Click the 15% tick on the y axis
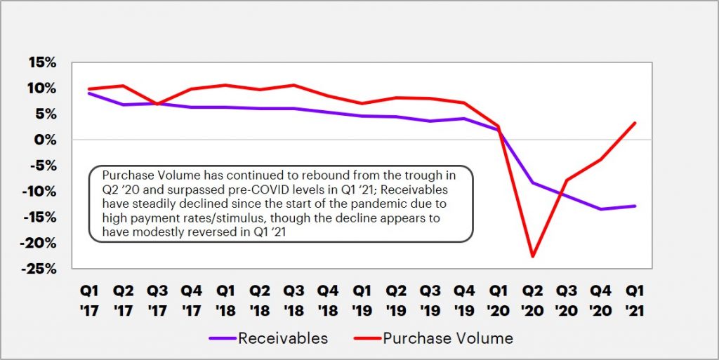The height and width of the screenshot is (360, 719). pos(41,62)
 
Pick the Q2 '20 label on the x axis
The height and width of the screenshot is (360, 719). pos(532,300)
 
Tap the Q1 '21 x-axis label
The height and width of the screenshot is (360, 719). pos(634,300)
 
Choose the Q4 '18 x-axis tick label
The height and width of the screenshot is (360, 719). pos(329,300)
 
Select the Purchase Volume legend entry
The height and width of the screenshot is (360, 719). pos(447,338)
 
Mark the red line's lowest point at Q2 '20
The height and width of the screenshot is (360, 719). pos(533,256)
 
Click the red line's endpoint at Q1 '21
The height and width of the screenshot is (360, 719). pos(635,123)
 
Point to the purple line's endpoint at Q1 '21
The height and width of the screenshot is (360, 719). pos(635,206)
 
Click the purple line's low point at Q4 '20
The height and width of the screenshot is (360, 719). pos(600,208)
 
